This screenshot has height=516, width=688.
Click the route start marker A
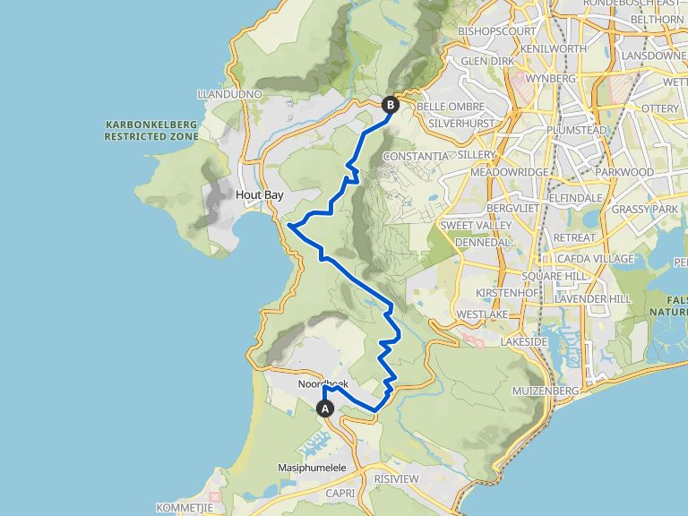coord(326,408)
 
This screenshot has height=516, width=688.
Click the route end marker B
coord(390,105)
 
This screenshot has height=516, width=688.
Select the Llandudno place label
coord(228,94)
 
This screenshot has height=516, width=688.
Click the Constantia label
coord(415,156)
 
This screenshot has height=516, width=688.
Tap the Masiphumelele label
coord(313,468)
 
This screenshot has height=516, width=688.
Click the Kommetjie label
coord(184,507)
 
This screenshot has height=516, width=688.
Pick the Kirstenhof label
coord(505,294)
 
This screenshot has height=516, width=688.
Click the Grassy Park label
coord(645,209)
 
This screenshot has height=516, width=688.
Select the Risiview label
coord(397,479)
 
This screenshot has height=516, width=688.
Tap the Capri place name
coord(342,493)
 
